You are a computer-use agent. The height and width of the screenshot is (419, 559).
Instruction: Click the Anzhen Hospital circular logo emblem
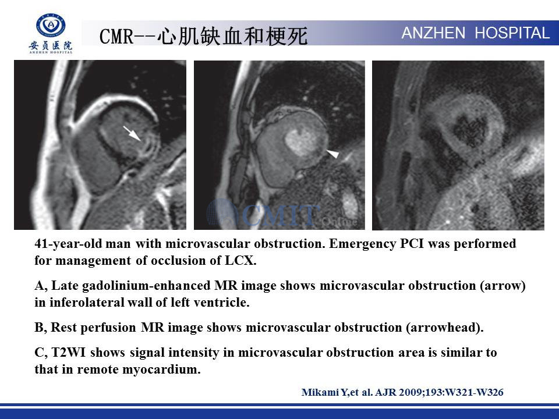(51, 25)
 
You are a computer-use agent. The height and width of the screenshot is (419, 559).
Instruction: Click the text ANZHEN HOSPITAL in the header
(476, 33)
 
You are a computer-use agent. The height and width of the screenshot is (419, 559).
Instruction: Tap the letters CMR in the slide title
(116, 36)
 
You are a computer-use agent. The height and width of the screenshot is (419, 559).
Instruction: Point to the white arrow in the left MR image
(132, 134)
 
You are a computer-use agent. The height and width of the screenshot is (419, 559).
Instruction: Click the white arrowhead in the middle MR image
(333, 154)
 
